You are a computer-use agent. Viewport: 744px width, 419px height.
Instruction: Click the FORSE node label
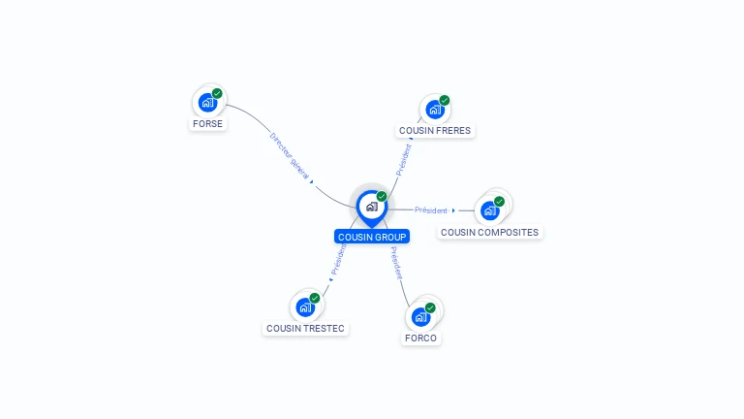pyautogui.click(x=207, y=124)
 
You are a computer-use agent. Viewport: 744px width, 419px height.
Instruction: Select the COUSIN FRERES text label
pyautogui.click(x=435, y=131)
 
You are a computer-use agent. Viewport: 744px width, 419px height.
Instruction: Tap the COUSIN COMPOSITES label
pyautogui.click(x=489, y=233)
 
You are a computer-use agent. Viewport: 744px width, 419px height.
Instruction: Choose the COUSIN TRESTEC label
pyautogui.click(x=305, y=329)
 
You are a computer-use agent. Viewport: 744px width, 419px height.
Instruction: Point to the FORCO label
pyautogui.click(x=420, y=338)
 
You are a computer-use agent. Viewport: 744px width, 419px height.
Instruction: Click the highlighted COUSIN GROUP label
pyautogui.click(x=372, y=237)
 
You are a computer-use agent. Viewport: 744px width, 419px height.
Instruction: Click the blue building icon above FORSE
pyautogui.click(x=206, y=102)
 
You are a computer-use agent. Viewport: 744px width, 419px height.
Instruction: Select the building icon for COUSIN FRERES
pyautogui.click(x=433, y=109)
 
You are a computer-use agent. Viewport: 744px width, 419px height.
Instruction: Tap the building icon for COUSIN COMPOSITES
pyautogui.click(x=489, y=210)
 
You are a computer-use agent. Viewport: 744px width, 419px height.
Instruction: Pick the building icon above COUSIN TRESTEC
pyautogui.click(x=304, y=307)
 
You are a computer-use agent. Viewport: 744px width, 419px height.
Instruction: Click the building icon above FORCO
pyautogui.click(x=419, y=317)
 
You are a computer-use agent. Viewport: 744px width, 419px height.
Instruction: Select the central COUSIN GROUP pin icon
pyautogui.click(x=371, y=207)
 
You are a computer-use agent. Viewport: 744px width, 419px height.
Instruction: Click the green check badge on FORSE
pyautogui.click(x=217, y=93)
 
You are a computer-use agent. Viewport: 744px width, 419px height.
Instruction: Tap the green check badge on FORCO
pyautogui.click(x=430, y=308)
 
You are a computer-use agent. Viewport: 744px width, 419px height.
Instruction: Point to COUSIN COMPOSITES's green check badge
pyautogui.click(x=499, y=202)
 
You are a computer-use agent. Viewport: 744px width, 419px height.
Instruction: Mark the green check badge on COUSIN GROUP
pyautogui.click(x=382, y=197)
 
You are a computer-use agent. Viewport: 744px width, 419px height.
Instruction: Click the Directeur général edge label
pyautogui.click(x=290, y=156)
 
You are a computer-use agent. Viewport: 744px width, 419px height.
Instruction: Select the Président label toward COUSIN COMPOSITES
pyautogui.click(x=431, y=210)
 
